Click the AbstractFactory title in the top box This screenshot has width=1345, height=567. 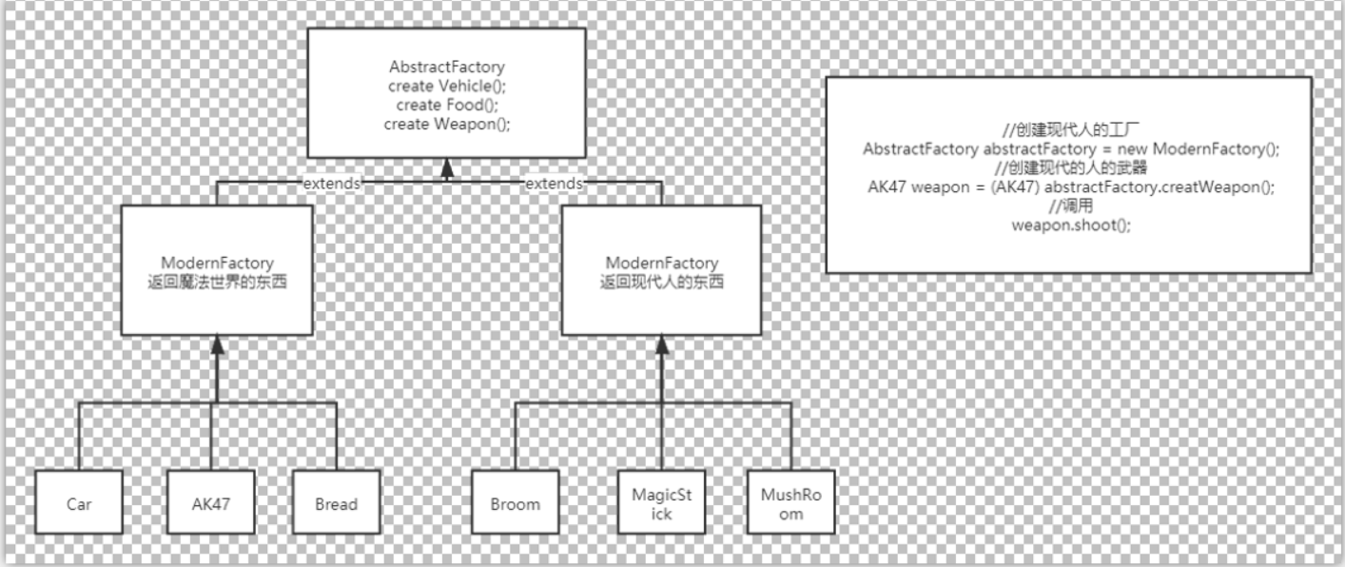pos(446,68)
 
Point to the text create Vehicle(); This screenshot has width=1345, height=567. pos(446,87)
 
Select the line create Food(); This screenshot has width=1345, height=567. pos(446,105)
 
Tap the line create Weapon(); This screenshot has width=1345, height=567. pos(446,124)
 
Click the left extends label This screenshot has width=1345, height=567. pos(331,184)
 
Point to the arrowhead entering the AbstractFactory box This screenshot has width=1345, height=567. pos(446,167)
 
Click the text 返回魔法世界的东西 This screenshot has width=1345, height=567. pos(218,282)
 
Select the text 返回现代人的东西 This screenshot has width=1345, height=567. pos(662,282)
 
